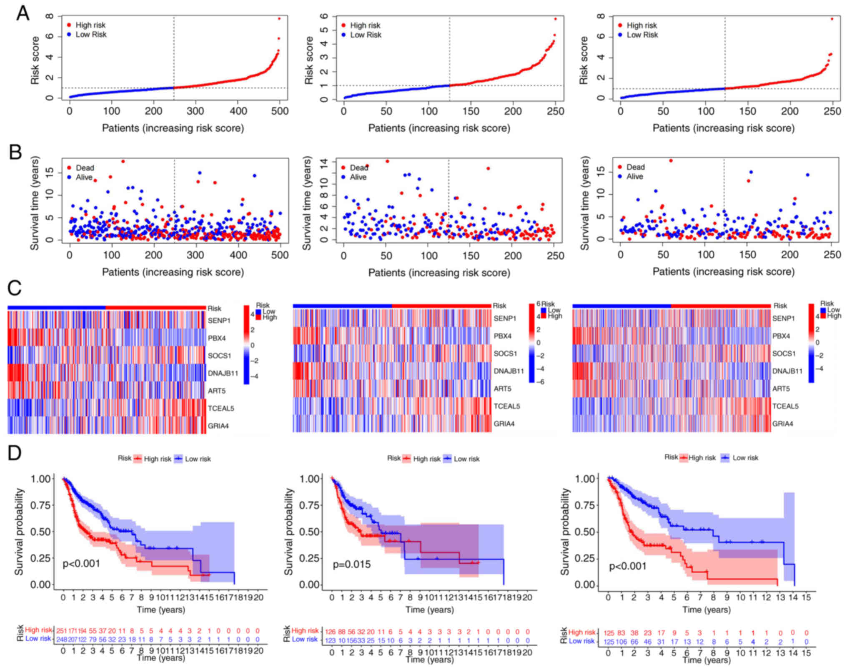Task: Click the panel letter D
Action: click(15, 453)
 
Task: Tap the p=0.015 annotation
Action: click(351, 565)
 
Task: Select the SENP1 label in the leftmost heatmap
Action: click(219, 321)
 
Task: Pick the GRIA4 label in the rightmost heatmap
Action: click(782, 424)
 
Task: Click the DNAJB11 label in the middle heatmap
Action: click(509, 371)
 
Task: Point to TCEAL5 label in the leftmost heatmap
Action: click(221, 408)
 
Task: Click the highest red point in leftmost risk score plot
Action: click(279, 18)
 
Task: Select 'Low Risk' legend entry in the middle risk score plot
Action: click(366, 35)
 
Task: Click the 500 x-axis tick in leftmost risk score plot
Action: click(280, 111)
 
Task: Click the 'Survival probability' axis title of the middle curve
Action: click(288, 532)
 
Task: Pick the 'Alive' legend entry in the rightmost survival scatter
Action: click(634, 177)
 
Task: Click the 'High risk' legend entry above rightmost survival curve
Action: click(702, 458)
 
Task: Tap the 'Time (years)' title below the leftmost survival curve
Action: click(161, 610)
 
